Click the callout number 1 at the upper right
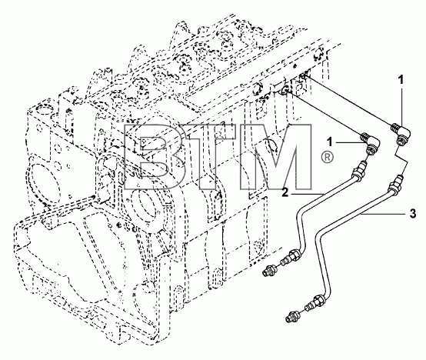401,80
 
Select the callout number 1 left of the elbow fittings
330,142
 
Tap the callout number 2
285,192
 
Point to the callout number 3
413,214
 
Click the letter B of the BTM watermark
153,157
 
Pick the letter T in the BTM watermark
207,157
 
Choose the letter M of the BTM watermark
275,157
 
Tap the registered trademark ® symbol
327,158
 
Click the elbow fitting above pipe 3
401,135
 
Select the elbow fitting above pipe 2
370,142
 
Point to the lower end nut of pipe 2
295,255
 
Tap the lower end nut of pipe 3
320,300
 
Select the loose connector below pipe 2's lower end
271,270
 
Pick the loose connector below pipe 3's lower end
293,316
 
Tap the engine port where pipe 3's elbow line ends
304,77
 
